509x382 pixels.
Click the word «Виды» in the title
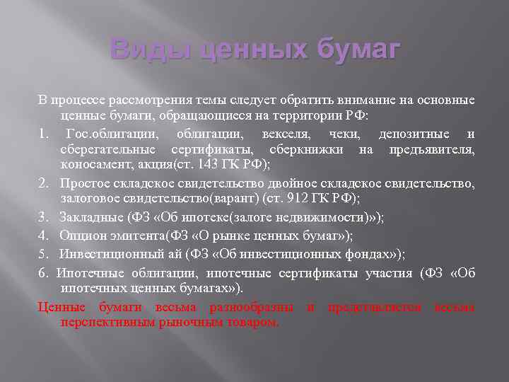(148, 51)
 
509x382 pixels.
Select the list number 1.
(43, 134)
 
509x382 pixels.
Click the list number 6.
(43, 272)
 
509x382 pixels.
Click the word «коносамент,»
(93, 164)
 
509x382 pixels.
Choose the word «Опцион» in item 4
(82, 236)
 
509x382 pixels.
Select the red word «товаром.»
(252, 322)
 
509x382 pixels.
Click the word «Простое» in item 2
(81, 183)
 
